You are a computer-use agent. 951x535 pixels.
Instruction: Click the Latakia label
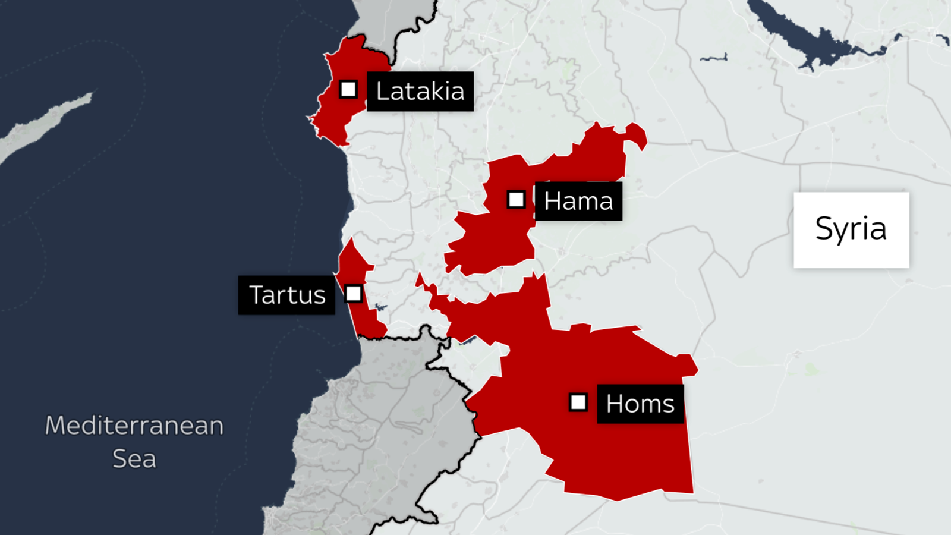pyautogui.click(x=420, y=92)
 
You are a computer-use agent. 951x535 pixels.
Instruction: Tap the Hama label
pyautogui.click(x=578, y=201)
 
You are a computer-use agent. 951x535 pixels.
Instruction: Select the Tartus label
pyautogui.click(x=287, y=295)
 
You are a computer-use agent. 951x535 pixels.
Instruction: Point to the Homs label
pyautogui.click(x=640, y=404)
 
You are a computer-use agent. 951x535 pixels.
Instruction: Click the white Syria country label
pyautogui.click(x=851, y=229)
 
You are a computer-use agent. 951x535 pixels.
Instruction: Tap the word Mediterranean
pyautogui.click(x=134, y=426)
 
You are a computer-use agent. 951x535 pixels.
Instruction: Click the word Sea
pyautogui.click(x=134, y=459)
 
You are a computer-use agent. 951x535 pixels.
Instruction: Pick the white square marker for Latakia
pyautogui.click(x=348, y=89)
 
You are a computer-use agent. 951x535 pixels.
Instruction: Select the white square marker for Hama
pyautogui.click(x=516, y=199)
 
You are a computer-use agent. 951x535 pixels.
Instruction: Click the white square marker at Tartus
pyautogui.click(x=354, y=293)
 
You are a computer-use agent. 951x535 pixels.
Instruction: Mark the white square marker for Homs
pyautogui.click(x=578, y=402)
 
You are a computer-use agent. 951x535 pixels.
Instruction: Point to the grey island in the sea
pyautogui.click(x=42, y=128)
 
